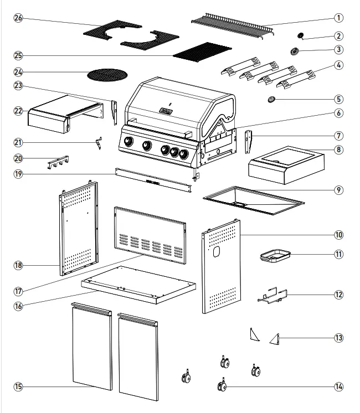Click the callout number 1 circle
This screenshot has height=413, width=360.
(339, 18)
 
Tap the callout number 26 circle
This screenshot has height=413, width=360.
(18, 18)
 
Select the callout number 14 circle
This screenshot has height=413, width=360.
(339, 386)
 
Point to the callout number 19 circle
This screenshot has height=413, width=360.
(18, 173)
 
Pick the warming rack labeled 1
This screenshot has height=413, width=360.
(233, 25)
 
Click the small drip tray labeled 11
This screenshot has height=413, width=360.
(275, 255)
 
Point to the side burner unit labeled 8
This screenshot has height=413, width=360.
(285, 163)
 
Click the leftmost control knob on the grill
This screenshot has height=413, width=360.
(128, 142)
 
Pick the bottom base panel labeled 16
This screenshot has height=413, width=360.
(138, 282)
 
